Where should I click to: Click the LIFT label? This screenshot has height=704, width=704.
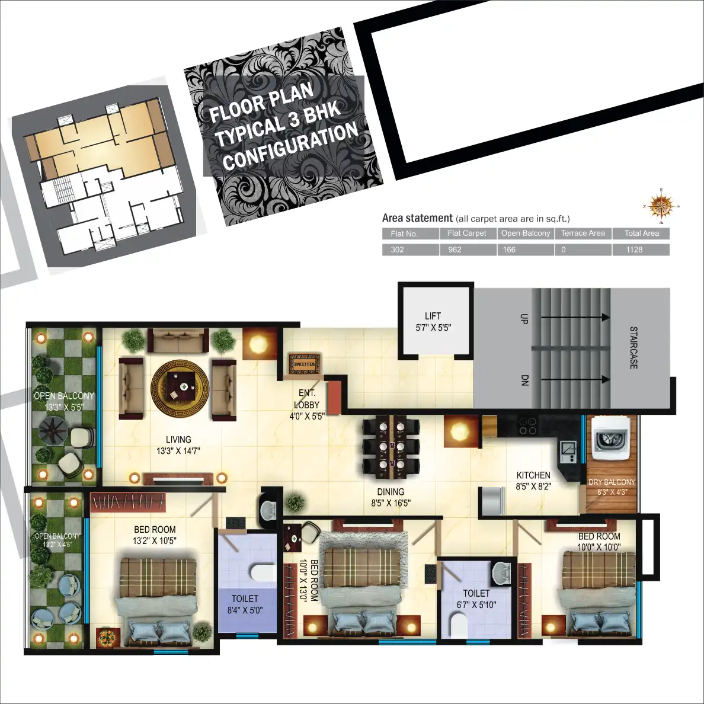(433, 316)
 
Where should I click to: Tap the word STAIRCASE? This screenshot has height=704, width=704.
(633, 348)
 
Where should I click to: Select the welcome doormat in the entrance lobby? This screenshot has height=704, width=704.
(304, 364)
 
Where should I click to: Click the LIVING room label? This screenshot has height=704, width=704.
(178, 440)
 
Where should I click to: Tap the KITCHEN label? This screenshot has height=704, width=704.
(533, 475)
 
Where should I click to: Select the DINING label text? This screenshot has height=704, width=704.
(391, 492)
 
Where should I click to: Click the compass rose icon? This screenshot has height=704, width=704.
(661, 206)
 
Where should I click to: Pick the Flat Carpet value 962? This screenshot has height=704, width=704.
(455, 249)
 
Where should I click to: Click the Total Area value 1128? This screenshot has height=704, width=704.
(634, 249)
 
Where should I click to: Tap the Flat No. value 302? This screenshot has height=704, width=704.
(397, 249)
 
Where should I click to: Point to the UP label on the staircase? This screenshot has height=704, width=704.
(523, 318)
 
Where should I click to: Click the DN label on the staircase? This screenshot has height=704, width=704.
(523, 380)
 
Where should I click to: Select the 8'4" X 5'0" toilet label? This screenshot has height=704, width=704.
(245, 610)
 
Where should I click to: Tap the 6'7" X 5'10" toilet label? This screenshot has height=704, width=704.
(476, 604)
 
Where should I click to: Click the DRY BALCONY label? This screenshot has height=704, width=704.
(612, 482)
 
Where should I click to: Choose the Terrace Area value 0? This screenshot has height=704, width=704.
(564, 249)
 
